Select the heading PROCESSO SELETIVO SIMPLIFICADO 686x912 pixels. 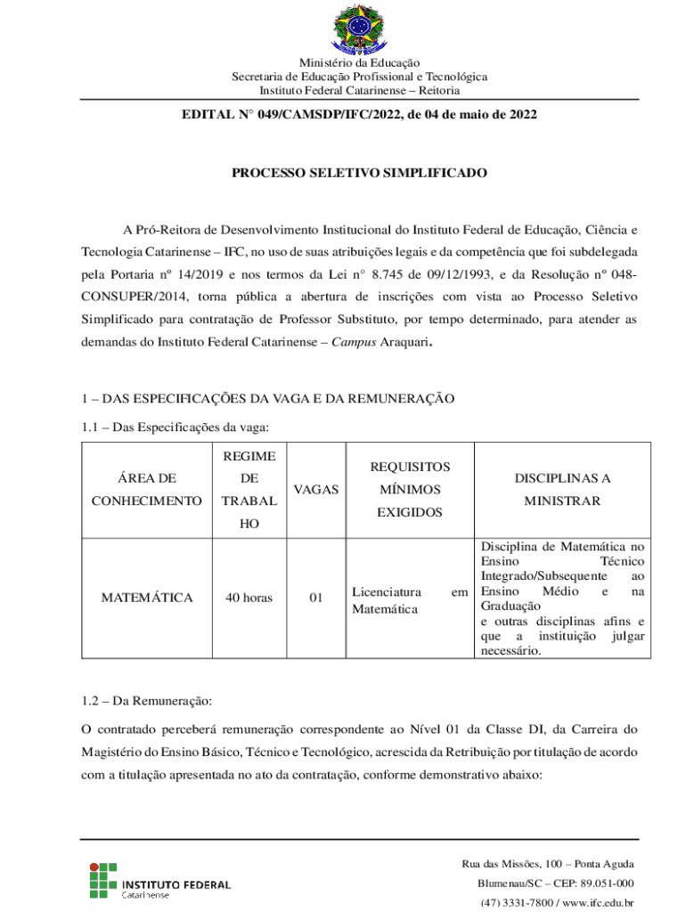(359, 173)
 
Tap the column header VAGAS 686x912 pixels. (315, 489)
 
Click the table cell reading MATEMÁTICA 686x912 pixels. (146, 598)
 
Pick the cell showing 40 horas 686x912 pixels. (249, 598)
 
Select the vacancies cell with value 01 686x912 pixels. (315, 598)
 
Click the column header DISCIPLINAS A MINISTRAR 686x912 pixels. (562, 490)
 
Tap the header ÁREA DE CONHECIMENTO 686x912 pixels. (146, 490)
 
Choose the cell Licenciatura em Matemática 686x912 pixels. (409, 600)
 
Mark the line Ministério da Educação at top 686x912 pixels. (359, 63)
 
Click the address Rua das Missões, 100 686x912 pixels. (510, 864)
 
